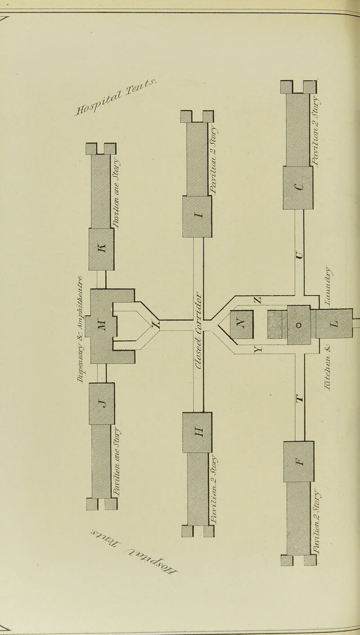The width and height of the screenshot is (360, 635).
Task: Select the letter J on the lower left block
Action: [102, 396]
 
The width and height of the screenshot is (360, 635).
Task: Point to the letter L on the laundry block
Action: [334, 324]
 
